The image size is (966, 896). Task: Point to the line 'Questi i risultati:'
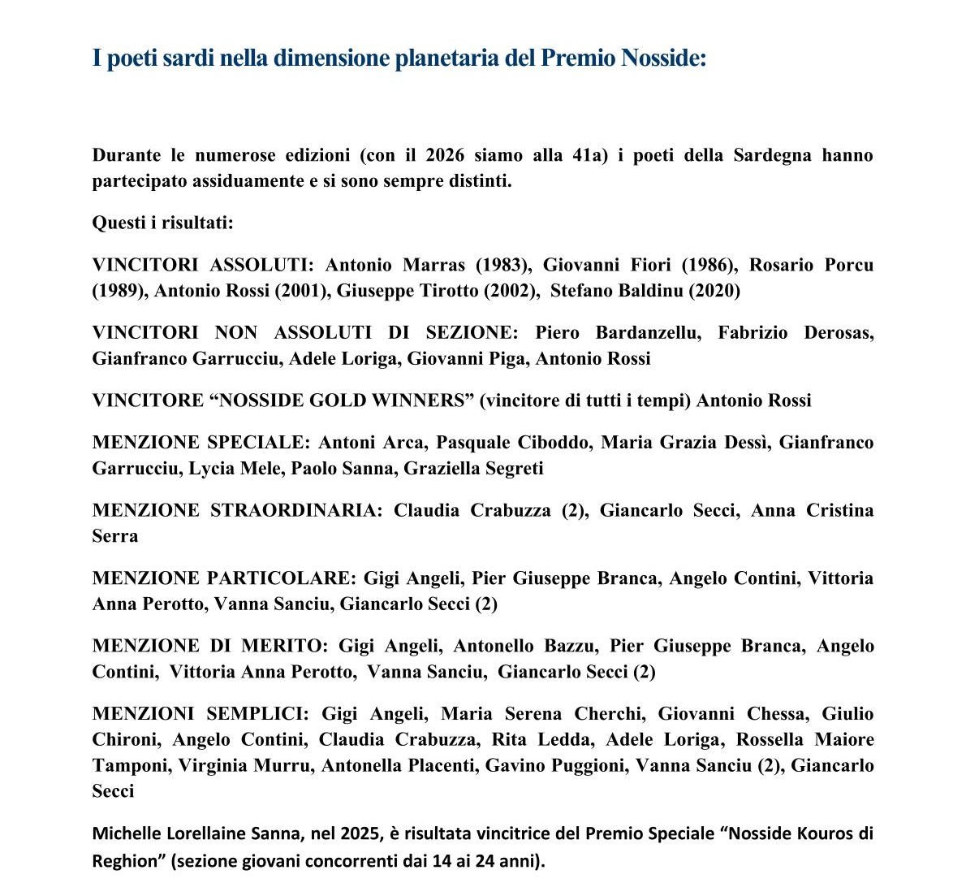point(162,223)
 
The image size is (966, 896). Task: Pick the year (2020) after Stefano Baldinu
point(714,291)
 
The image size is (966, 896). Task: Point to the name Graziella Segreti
point(473,469)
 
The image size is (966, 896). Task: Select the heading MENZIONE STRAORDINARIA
point(235,511)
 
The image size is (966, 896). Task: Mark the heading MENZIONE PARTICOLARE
point(223,578)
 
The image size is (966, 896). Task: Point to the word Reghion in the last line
point(123,860)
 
